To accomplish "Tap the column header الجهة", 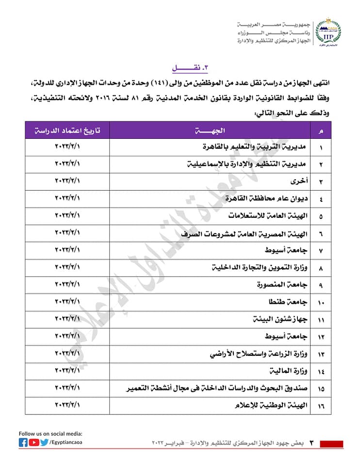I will tap(210, 130).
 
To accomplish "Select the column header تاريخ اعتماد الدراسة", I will tap(67, 130).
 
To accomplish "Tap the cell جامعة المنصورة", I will tap(281, 283).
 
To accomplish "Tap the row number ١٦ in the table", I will tap(321, 405).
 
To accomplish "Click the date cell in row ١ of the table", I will tap(67, 146).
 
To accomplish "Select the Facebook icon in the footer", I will tap(23, 442).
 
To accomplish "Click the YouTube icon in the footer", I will tap(33, 442).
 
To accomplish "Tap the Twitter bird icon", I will tap(45, 442).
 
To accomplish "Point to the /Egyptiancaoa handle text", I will tap(66, 442).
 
